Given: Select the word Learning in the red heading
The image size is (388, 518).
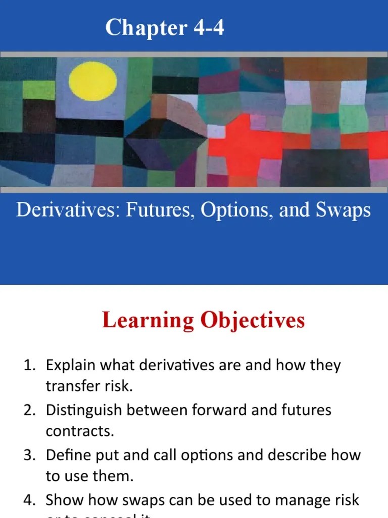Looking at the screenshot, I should coord(146,320).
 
